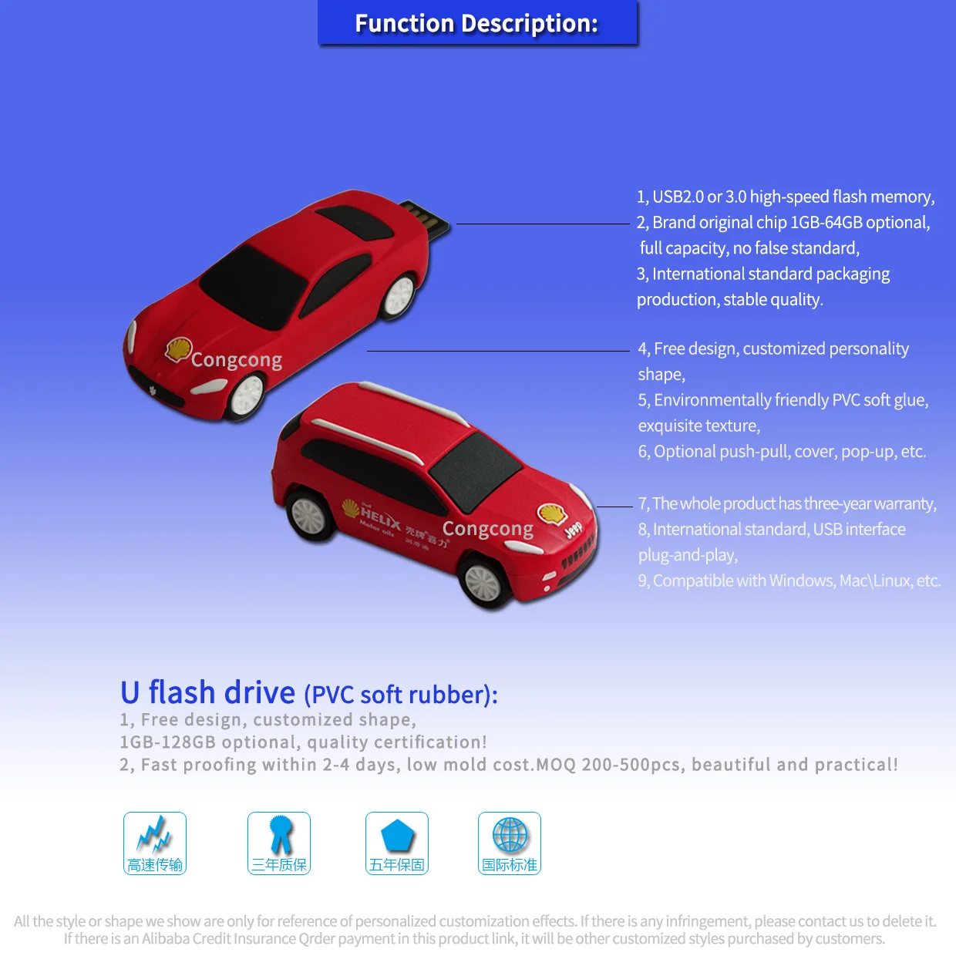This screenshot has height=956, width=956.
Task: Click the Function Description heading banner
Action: coord(477,23)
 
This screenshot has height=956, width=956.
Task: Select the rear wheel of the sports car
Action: coord(399,295)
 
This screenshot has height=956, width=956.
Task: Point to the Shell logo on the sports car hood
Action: coord(178,350)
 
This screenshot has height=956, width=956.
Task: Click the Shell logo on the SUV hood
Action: coord(551,513)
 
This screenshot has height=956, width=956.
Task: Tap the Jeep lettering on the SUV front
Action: coord(574,530)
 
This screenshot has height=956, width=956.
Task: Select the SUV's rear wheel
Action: coord(311,514)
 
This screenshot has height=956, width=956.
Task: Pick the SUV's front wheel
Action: coord(484,582)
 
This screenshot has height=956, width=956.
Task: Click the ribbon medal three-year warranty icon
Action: coord(280,834)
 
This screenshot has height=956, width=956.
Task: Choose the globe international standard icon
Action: coord(510,834)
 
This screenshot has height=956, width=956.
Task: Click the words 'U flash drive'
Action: coord(207,692)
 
